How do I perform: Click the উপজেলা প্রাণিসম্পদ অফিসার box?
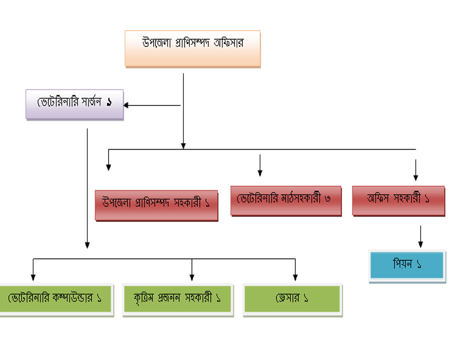click(x=192, y=48)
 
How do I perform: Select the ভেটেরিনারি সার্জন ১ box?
click(x=75, y=104)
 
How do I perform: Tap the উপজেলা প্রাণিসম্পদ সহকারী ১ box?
click(x=156, y=205)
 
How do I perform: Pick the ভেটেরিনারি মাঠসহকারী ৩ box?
click(x=286, y=200)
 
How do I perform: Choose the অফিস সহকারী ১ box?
click(x=398, y=200)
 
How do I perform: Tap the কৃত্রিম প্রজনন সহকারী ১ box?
click(x=178, y=298)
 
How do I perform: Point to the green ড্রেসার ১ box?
click(x=292, y=298)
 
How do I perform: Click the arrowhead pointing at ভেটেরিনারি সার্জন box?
click(x=127, y=105)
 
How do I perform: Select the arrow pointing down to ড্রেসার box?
click(x=295, y=270)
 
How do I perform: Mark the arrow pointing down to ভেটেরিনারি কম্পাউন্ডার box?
click(x=33, y=270)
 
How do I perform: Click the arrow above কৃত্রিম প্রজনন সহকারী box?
click(x=192, y=270)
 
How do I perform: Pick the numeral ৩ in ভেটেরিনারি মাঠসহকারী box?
click(x=327, y=199)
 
